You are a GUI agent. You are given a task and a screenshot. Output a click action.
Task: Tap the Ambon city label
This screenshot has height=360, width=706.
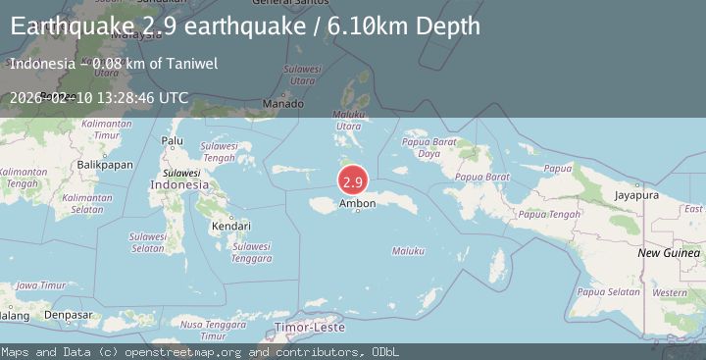[357, 204]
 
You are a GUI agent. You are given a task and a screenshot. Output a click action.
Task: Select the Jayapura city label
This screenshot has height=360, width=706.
[635, 195]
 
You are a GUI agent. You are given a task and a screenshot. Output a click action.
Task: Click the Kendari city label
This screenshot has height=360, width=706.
[230, 227]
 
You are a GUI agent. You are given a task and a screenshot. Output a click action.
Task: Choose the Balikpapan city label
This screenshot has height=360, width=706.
[104, 165]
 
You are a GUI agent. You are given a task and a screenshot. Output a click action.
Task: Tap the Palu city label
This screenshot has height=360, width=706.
[173, 141]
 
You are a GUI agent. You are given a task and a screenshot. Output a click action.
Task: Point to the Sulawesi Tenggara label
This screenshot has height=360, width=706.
[252, 252]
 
